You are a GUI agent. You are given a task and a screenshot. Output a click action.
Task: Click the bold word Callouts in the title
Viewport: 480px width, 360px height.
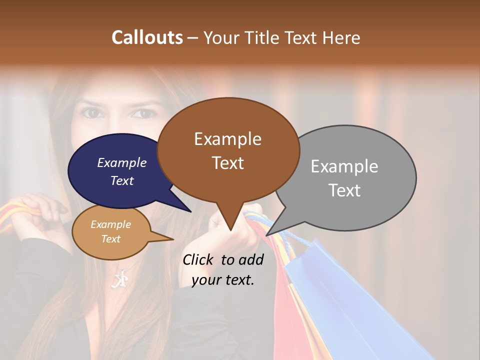(x=147, y=37)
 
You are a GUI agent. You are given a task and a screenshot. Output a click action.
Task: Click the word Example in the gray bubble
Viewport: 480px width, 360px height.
(x=344, y=166)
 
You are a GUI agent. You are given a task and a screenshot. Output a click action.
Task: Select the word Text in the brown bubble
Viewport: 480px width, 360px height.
(x=228, y=163)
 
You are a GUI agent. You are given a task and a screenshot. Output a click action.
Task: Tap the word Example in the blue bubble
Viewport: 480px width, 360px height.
(x=121, y=162)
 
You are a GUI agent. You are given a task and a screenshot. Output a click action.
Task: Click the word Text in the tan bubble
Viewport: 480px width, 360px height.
(x=110, y=239)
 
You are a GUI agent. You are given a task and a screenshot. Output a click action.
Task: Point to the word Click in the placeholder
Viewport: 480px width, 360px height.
(x=199, y=259)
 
